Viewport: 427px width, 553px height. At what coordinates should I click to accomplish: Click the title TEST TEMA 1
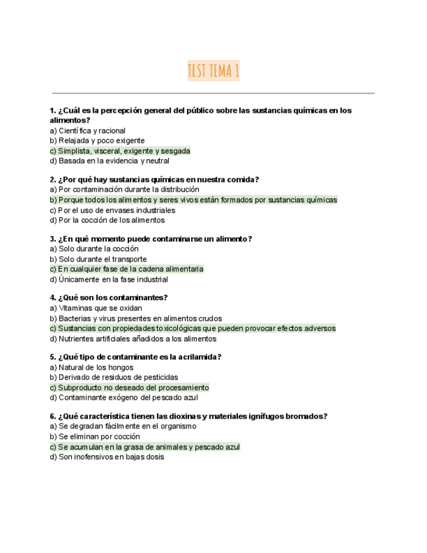[x=213, y=70]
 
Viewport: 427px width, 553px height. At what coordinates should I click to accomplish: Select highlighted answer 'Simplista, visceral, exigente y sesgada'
[x=120, y=151]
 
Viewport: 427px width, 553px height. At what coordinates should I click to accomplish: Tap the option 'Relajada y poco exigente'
[x=97, y=140]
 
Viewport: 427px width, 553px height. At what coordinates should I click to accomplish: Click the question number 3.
[x=52, y=239]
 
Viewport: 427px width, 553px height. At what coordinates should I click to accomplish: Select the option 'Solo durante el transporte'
[x=98, y=259]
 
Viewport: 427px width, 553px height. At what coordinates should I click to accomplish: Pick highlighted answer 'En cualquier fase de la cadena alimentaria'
[x=126, y=269]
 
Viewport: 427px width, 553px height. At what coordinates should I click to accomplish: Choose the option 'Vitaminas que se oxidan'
[x=96, y=308]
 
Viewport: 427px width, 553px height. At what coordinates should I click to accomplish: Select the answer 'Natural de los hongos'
[x=91, y=367]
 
